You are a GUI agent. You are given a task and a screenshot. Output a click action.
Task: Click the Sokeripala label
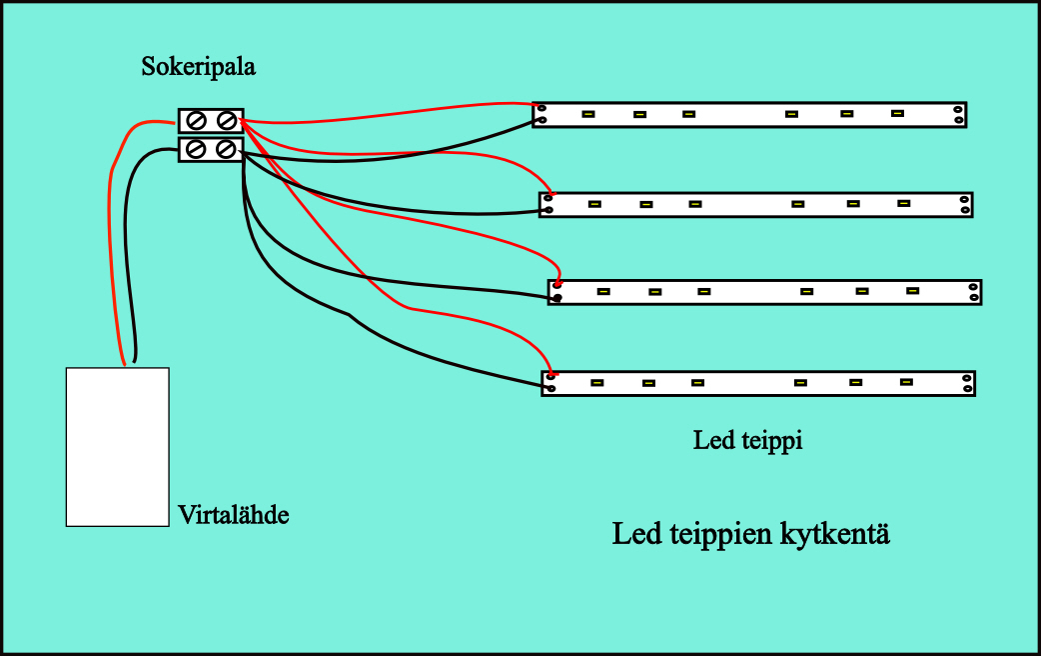pyautogui.click(x=199, y=68)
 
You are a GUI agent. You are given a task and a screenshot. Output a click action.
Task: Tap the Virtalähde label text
pyautogui.click(x=234, y=515)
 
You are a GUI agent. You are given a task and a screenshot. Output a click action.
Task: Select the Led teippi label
pyautogui.click(x=747, y=440)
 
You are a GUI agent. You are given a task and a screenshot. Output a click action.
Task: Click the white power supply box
pyautogui.click(x=117, y=446)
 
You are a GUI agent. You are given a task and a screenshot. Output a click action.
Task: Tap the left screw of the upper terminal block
pyautogui.click(x=198, y=121)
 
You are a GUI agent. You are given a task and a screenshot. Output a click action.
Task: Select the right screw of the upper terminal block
pyautogui.click(x=227, y=121)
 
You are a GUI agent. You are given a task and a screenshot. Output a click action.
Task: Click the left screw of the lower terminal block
pyautogui.click(x=198, y=149)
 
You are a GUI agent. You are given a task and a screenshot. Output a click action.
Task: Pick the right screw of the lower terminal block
pyautogui.click(x=227, y=149)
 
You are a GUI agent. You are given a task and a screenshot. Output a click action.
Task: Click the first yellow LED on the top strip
pyautogui.click(x=589, y=114)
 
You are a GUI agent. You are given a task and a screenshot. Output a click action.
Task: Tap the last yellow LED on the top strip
pyautogui.click(x=897, y=113)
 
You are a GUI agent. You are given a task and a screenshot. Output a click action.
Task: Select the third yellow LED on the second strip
pyautogui.click(x=695, y=204)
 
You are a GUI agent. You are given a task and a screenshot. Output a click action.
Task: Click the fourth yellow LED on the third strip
pyautogui.click(x=806, y=292)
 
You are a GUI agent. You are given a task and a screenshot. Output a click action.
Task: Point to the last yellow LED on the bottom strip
pyautogui.click(x=906, y=381)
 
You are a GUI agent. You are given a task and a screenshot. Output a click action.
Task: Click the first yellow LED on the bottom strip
pyautogui.click(x=597, y=382)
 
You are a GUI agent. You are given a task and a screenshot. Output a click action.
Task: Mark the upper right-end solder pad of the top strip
pyautogui.click(x=957, y=109)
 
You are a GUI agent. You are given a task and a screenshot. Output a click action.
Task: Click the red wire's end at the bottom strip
pyautogui.click(x=550, y=375)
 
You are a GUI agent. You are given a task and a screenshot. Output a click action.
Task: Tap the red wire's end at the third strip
pyautogui.click(x=557, y=284)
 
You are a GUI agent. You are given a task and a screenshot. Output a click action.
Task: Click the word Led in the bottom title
pyautogui.click(x=636, y=534)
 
